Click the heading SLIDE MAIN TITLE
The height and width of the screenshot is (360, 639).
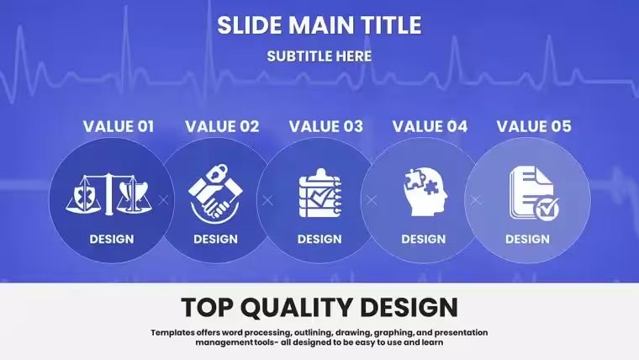[319, 25]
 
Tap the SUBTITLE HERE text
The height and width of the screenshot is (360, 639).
[319, 56]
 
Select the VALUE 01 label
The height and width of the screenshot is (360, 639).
[119, 126]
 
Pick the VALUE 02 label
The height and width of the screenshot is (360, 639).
[222, 126]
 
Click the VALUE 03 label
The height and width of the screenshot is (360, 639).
[326, 126]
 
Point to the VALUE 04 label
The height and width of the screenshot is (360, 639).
[430, 126]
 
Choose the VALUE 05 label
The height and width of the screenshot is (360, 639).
[534, 126]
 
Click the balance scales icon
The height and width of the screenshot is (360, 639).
[109, 194]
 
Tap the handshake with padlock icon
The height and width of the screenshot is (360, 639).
[215, 193]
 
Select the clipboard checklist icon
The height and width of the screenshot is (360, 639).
[319, 193]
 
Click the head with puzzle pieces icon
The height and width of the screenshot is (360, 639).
[425, 192]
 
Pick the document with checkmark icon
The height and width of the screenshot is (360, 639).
[534, 193]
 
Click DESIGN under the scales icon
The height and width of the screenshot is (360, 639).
[112, 239]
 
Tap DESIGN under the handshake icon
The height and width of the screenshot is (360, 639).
[215, 239]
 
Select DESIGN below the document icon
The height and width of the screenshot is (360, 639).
[527, 239]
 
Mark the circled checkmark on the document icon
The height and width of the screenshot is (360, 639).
[547, 209]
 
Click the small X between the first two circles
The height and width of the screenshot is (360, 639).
[163, 200]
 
